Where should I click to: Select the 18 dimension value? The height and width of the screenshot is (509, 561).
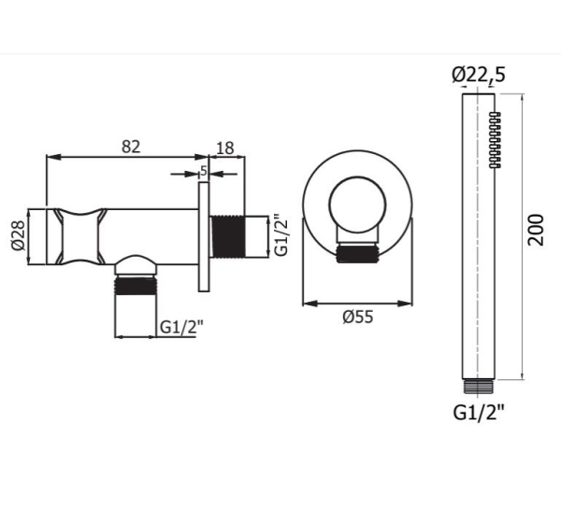pos(225,145)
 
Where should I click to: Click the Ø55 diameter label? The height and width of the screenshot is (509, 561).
pos(357,318)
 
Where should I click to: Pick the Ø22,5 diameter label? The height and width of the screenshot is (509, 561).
pos(478,76)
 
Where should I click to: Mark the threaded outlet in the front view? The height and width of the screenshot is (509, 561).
pos(359,251)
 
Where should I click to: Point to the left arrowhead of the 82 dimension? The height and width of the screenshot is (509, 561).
pos(50,156)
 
